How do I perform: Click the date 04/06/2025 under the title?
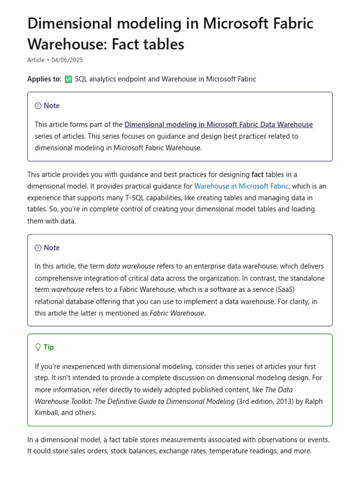pos(67,60)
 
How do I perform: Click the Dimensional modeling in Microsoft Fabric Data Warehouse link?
pos(218,125)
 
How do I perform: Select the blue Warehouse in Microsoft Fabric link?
pos(241,186)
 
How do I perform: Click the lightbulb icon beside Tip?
pos(38,347)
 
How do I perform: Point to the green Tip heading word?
pos(49,347)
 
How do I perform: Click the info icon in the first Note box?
pos(38,106)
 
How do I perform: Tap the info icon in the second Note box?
pos(38,248)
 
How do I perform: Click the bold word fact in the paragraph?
pos(257,175)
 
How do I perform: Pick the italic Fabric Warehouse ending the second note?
pos(177,313)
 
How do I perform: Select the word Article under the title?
pos(36,60)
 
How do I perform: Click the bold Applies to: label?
pos(44,79)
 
